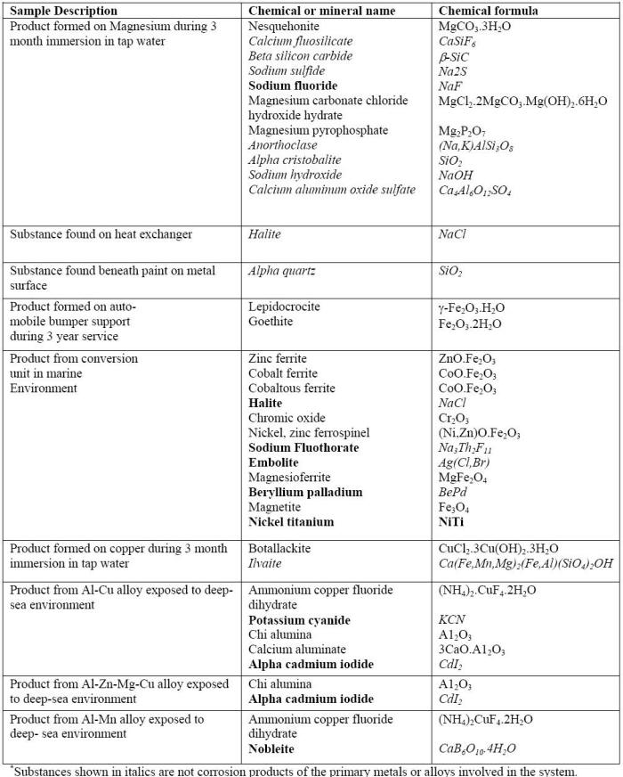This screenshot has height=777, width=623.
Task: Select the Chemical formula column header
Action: tap(489, 11)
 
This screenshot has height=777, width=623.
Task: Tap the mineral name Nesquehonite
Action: tap(285, 27)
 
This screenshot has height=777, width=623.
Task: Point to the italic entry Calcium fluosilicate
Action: tap(301, 42)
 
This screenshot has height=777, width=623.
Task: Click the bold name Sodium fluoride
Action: tap(294, 86)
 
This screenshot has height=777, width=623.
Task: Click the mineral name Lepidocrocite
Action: tap(284, 307)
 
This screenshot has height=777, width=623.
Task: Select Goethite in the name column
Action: tap(271, 322)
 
